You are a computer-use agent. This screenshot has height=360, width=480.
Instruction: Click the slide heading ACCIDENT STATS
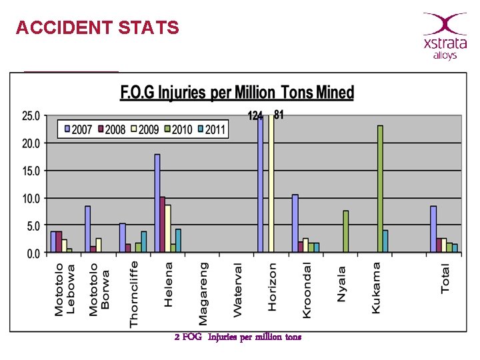click(x=97, y=28)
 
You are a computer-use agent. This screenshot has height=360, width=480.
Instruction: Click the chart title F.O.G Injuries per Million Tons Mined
click(x=237, y=93)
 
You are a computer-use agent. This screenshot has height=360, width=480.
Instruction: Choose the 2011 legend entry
click(x=210, y=129)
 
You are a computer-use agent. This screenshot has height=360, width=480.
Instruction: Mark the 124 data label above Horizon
click(x=255, y=116)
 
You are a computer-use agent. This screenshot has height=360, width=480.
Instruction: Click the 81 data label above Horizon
click(x=279, y=115)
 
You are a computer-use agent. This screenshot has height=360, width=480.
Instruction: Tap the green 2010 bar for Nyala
click(x=346, y=231)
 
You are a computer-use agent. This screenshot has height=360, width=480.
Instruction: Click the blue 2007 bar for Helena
click(x=157, y=203)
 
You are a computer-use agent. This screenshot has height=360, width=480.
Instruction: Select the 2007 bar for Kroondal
click(x=295, y=223)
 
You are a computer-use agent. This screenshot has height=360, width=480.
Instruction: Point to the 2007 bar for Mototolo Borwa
click(x=88, y=229)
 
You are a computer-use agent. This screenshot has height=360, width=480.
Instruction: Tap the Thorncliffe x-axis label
click(x=134, y=294)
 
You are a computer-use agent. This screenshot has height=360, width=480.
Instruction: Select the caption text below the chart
click(x=237, y=337)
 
